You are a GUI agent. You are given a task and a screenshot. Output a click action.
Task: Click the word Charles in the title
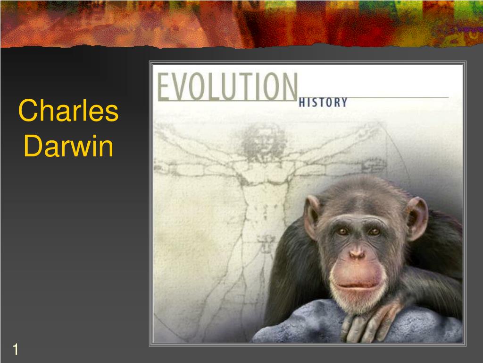pos(68,111)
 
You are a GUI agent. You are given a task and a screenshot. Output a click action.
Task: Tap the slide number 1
pos(15,350)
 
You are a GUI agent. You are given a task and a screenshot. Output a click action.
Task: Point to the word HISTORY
pos(323,102)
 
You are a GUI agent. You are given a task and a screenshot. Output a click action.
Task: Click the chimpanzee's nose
pos(357,254)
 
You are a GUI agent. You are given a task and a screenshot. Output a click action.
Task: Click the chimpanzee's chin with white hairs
pos(357,302)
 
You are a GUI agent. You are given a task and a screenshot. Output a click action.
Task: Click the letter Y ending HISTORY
pos(344,102)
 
